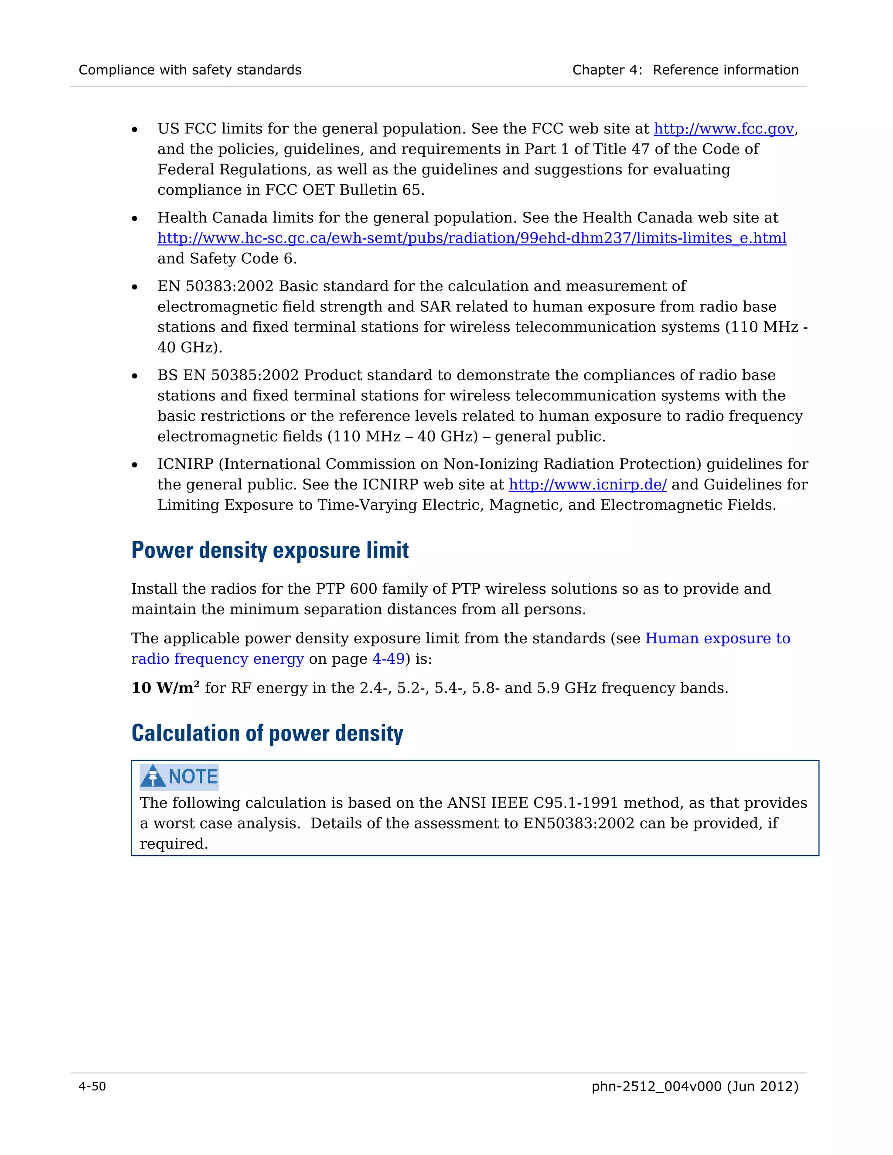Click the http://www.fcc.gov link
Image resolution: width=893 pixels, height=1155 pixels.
(723, 129)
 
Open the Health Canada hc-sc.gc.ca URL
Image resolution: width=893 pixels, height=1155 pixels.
(471, 238)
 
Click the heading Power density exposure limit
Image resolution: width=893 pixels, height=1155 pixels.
(270, 550)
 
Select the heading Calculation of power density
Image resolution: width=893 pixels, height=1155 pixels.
(267, 734)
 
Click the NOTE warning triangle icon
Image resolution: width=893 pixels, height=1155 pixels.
(153, 776)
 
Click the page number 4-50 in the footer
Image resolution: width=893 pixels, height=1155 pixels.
(92, 1086)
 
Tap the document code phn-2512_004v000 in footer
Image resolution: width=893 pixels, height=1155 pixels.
(656, 1086)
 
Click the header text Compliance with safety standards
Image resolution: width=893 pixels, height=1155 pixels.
(190, 70)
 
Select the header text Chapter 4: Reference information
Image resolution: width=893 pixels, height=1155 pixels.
(685, 70)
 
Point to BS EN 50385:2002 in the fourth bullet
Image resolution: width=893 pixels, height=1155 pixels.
(228, 375)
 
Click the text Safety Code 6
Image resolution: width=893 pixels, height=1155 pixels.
(243, 258)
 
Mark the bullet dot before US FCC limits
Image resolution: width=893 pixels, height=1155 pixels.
(135, 129)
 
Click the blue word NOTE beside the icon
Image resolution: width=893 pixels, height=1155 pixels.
(193, 776)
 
